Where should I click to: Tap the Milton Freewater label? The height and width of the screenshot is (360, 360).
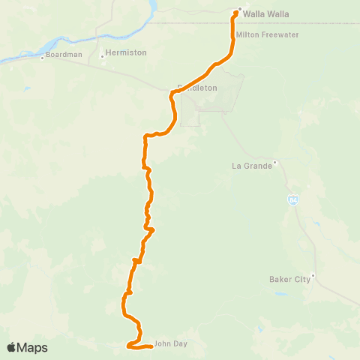(x=263, y=35)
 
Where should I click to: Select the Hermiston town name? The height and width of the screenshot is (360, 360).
(x=126, y=52)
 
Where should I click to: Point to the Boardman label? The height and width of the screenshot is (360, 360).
(x=63, y=55)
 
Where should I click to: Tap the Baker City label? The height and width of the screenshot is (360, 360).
(x=289, y=280)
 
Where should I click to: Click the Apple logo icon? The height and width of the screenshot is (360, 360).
(x=12, y=347)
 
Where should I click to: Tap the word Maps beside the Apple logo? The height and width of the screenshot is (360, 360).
(x=33, y=347)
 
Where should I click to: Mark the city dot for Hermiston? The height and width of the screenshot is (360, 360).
(x=101, y=55)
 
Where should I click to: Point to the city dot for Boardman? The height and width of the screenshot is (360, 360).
(x=43, y=58)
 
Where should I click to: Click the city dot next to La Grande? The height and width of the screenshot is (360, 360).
(x=275, y=162)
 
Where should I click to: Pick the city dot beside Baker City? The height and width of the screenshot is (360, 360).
(x=313, y=275)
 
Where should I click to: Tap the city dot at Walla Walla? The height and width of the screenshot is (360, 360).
(x=239, y=10)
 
